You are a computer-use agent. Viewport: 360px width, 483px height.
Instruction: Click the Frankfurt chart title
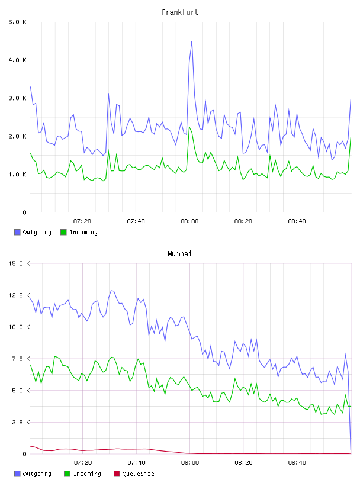pyautogui.click(x=180, y=12)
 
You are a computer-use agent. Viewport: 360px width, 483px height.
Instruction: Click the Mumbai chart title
pyautogui.click(x=179, y=254)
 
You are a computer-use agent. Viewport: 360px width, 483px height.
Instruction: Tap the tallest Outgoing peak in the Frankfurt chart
pyautogui.click(x=192, y=41)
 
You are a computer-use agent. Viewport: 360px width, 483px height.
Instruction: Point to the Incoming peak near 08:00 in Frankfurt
pyautogui.click(x=189, y=126)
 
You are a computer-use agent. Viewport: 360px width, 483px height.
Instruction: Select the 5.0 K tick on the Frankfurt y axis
pyautogui.click(x=17, y=22)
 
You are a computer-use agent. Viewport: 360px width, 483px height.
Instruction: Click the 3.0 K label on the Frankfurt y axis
pyautogui.click(x=17, y=98)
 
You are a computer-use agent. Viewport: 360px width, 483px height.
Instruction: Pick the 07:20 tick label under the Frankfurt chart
pyautogui.click(x=82, y=221)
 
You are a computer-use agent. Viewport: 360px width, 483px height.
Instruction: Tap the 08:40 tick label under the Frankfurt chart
pyautogui.click(x=297, y=221)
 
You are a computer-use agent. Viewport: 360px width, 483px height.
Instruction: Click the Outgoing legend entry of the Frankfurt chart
pyautogui.click(x=33, y=232)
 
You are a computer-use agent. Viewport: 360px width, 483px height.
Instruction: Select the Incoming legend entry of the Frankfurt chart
pyautogui.click(x=79, y=232)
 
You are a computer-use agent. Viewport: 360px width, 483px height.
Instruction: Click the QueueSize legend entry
pyautogui.click(x=134, y=474)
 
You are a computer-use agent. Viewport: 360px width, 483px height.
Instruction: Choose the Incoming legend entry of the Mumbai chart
pyautogui.click(x=83, y=474)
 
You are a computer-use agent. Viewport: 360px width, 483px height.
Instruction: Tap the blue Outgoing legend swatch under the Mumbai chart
pyautogui.click(x=17, y=474)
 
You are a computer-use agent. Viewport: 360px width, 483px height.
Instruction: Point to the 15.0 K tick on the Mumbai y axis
pyautogui.click(x=19, y=263)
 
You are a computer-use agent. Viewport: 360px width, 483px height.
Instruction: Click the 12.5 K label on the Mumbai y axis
pyautogui.click(x=19, y=295)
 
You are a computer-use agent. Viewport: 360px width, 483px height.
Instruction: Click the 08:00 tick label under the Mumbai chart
pyautogui.click(x=190, y=463)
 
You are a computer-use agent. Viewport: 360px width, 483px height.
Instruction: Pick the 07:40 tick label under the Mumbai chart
pyautogui.click(x=136, y=463)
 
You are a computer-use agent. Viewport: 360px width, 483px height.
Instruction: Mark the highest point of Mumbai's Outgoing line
pyautogui.click(x=111, y=291)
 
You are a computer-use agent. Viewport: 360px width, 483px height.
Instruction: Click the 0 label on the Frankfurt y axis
pyautogui.click(x=24, y=212)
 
